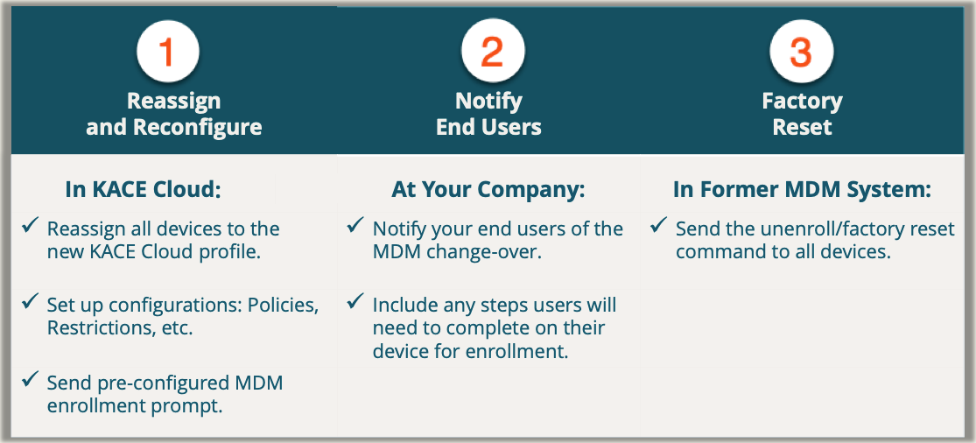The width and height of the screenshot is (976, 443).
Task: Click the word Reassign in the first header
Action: coord(173,101)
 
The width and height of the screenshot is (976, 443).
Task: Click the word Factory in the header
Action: coord(802,101)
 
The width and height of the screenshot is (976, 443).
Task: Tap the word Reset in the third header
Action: coord(802,127)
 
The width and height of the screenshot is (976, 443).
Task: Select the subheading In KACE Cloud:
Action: coord(144,190)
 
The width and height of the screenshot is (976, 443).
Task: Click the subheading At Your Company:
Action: coord(488,190)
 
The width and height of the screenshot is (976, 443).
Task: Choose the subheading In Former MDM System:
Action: coord(802,190)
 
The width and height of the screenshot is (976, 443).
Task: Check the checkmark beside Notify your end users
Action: coord(355,225)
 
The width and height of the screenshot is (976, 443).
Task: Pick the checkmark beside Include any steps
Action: coord(355,302)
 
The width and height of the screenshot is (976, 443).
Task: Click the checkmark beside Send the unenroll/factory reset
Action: coord(658,225)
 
